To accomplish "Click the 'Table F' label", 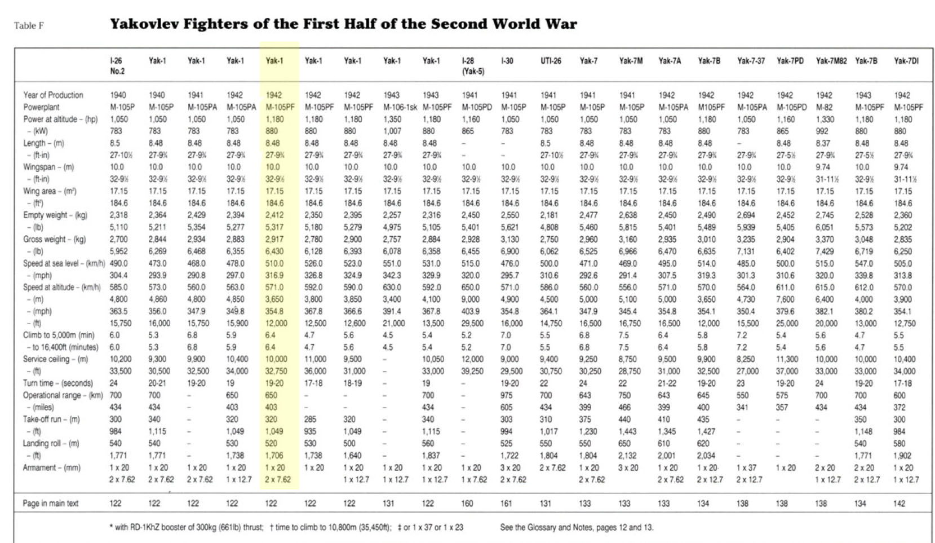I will (x=29, y=26).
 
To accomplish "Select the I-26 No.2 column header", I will (x=117, y=66).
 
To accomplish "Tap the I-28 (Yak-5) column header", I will (x=472, y=66).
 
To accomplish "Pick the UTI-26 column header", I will (x=551, y=61).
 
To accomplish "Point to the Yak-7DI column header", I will (x=906, y=61).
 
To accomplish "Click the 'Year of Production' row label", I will (x=53, y=95).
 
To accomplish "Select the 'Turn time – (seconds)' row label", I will (x=57, y=383).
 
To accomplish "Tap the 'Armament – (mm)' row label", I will (x=52, y=467).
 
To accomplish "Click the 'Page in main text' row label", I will (x=51, y=504).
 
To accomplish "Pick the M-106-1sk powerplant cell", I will (x=400, y=107).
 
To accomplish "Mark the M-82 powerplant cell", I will (x=824, y=107).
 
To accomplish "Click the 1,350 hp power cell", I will (x=392, y=119).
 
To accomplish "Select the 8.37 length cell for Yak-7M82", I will (x=823, y=143).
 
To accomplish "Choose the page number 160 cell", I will (x=468, y=504).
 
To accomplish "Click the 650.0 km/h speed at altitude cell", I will (x=471, y=288).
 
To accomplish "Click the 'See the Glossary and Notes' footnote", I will (x=577, y=528).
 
